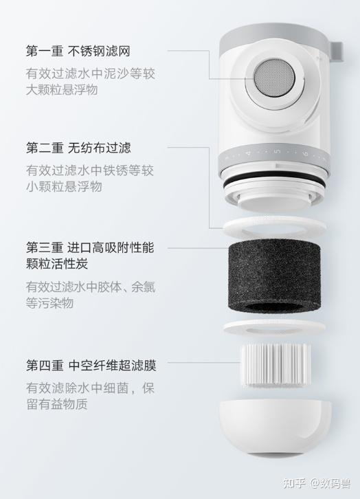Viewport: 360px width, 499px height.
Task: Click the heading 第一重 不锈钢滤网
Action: click(x=78, y=51)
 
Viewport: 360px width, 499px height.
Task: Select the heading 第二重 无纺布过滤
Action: click(x=78, y=148)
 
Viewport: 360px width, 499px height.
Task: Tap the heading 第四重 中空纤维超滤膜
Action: click(x=91, y=366)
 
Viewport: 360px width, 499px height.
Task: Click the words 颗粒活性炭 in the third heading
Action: click(x=57, y=263)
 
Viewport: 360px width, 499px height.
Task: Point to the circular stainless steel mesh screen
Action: click(x=274, y=78)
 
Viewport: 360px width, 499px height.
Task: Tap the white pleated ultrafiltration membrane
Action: click(x=276, y=365)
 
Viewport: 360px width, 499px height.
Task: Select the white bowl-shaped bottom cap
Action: click(x=275, y=426)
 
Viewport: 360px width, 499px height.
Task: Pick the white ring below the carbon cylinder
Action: click(x=275, y=327)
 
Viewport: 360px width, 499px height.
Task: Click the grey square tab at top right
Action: click(x=337, y=51)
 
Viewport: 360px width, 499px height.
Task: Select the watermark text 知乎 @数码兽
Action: click(x=317, y=483)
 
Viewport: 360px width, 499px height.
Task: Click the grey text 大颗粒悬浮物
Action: click(x=62, y=89)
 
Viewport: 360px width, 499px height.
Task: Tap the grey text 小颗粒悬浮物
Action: click(x=64, y=186)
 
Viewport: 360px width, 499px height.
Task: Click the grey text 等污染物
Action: click(x=50, y=302)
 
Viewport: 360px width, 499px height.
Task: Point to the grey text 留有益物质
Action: click(x=57, y=404)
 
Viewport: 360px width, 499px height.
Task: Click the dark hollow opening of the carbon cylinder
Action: click(x=274, y=307)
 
